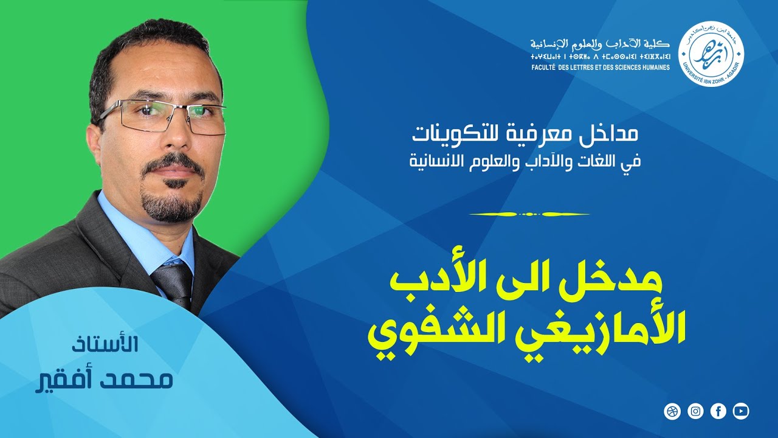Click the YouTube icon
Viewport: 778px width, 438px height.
point(741,411)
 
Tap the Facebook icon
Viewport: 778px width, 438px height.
point(718,411)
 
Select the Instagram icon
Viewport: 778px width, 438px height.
point(695,411)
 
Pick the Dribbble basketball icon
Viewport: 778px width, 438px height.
point(672,411)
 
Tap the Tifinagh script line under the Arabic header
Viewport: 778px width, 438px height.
point(599,56)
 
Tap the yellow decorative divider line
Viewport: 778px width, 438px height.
point(529,214)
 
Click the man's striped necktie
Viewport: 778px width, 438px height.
point(173,283)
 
